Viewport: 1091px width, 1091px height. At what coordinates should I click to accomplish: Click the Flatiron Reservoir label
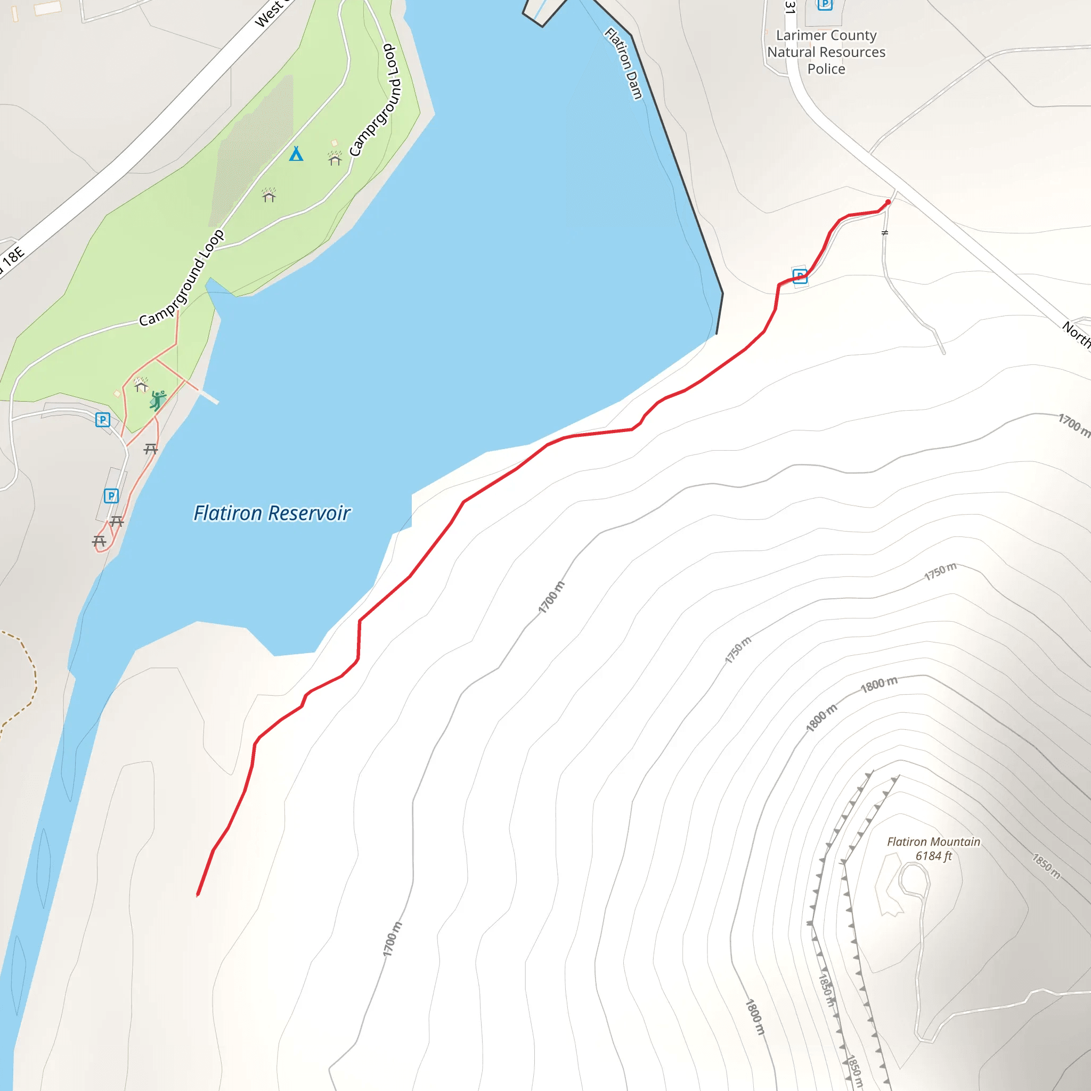click(272, 513)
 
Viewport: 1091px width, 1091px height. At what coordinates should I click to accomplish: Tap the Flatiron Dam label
click(623, 64)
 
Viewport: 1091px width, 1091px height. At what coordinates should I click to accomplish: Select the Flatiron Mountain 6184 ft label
click(933, 849)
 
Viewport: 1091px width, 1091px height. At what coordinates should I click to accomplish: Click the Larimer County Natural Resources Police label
click(826, 52)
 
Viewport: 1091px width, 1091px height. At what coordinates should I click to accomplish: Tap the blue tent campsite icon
click(296, 153)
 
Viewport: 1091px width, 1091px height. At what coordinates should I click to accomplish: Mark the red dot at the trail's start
click(888, 202)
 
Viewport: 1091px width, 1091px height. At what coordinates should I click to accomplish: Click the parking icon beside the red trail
click(800, 276)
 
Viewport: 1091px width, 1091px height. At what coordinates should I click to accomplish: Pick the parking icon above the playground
click(102, 420)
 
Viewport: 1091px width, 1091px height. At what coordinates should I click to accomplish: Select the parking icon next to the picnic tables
click(111, 496)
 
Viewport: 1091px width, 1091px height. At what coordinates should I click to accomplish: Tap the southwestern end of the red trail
click(198, 894)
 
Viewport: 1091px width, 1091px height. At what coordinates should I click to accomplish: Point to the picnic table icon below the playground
click(150, 449)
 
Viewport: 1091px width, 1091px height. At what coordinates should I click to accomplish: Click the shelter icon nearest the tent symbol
click(335, 159)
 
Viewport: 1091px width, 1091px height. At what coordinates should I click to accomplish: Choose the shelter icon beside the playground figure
click(141, 385)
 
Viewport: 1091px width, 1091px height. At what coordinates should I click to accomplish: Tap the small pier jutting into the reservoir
click(208, 396)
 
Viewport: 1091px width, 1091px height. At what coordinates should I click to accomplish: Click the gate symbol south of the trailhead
click(885, 233)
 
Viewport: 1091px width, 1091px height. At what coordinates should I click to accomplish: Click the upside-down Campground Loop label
click(376, 100)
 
